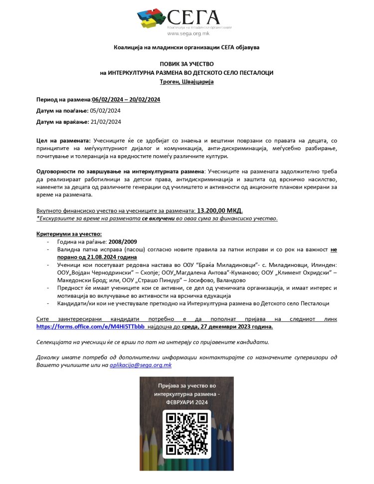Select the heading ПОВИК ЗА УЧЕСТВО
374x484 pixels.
[187, 64]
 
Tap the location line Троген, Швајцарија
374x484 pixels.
[187, 81]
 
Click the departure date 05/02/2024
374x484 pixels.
[105, 110]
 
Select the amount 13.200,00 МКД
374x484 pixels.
[220, 211]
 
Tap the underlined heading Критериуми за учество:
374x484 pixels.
[69, 234]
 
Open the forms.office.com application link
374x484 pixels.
[90, 326]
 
